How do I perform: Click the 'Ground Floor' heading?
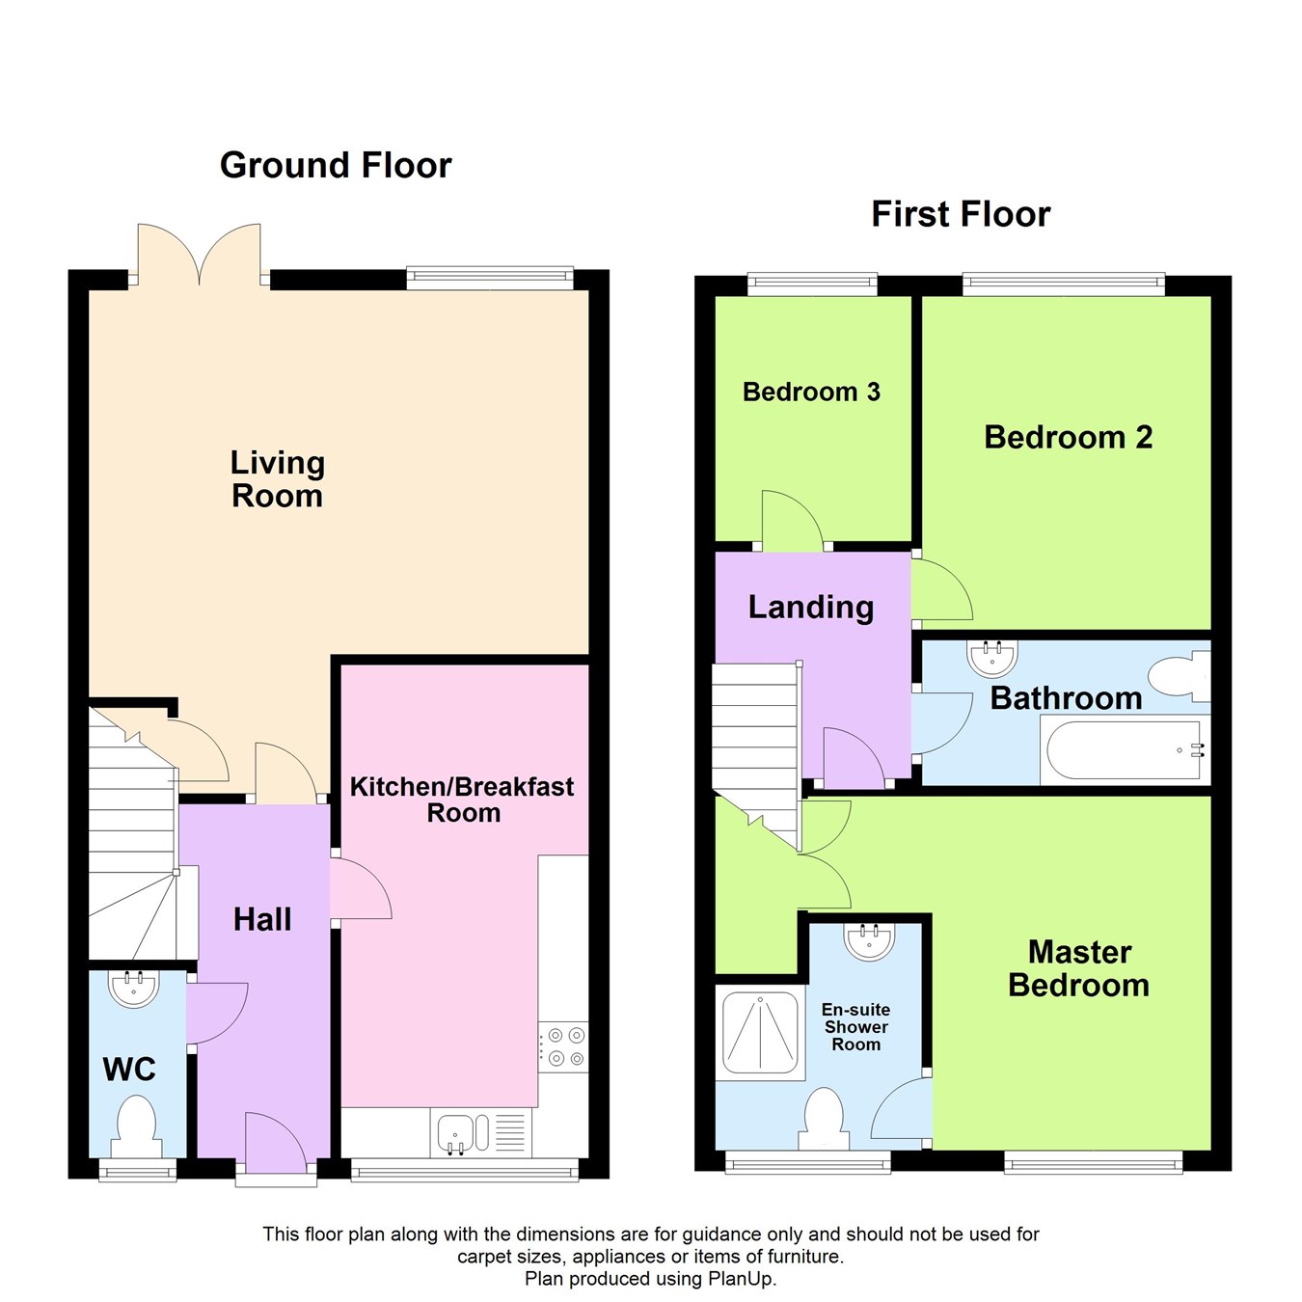pyautogui.click(x=335, y=166)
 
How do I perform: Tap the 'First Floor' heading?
pyautogui.click(x=961, y=214)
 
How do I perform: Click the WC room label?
pyautogui.click(x=129, y=1070)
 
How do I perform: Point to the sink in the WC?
pyautogui.click(x=134, y=990)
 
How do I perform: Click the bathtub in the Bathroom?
pyautogui.click(x=1125, y=750)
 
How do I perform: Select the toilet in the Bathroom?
pyautogui.click(x=1180, y=676)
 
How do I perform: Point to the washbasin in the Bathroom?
pyautogui.click(x=991, y=659)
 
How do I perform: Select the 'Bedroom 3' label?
pyautogui.click(x=811, y=392)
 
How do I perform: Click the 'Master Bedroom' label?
pyautogui.click(x=1079, y=969)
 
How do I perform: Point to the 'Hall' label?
pyautogui.click(x=262, y=919)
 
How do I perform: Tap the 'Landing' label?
pyautogui.click(x=811, y=608)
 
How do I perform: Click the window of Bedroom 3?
pyautogui.click(x=812, y=284)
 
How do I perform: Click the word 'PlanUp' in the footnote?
pyautogui.click(x=742, y=1278)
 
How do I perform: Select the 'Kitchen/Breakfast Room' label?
pyautogui.click(x=462, y=800)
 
